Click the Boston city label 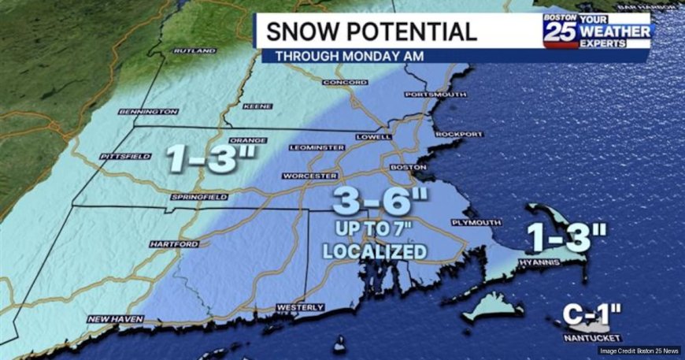[x=409, y=168]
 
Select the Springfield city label [x=198, y=196]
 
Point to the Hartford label [x=172, y=245]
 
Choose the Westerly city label [x=300, y=306]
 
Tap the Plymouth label [x=476, y=223]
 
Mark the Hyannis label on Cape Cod [x=539, y=262]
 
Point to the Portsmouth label [x=435, y=95]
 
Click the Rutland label [x=193, y=50]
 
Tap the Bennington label [x=149, y=112]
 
